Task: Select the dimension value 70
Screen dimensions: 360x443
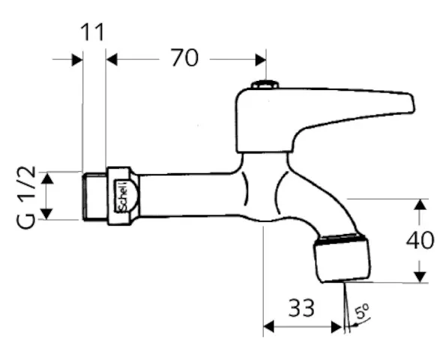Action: click(x=184, y=58)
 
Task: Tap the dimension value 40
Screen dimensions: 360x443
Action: click(x=419, y=240)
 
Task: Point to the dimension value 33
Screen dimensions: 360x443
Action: click(x=301, y=307)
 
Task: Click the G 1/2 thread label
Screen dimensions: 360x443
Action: click(x=24, y=197)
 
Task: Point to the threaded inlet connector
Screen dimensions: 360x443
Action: click(x=93, y=196)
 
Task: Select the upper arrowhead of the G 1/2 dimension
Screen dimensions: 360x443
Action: click(x=46, y=178)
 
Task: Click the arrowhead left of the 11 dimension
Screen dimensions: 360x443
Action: click(x=76, y=58)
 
